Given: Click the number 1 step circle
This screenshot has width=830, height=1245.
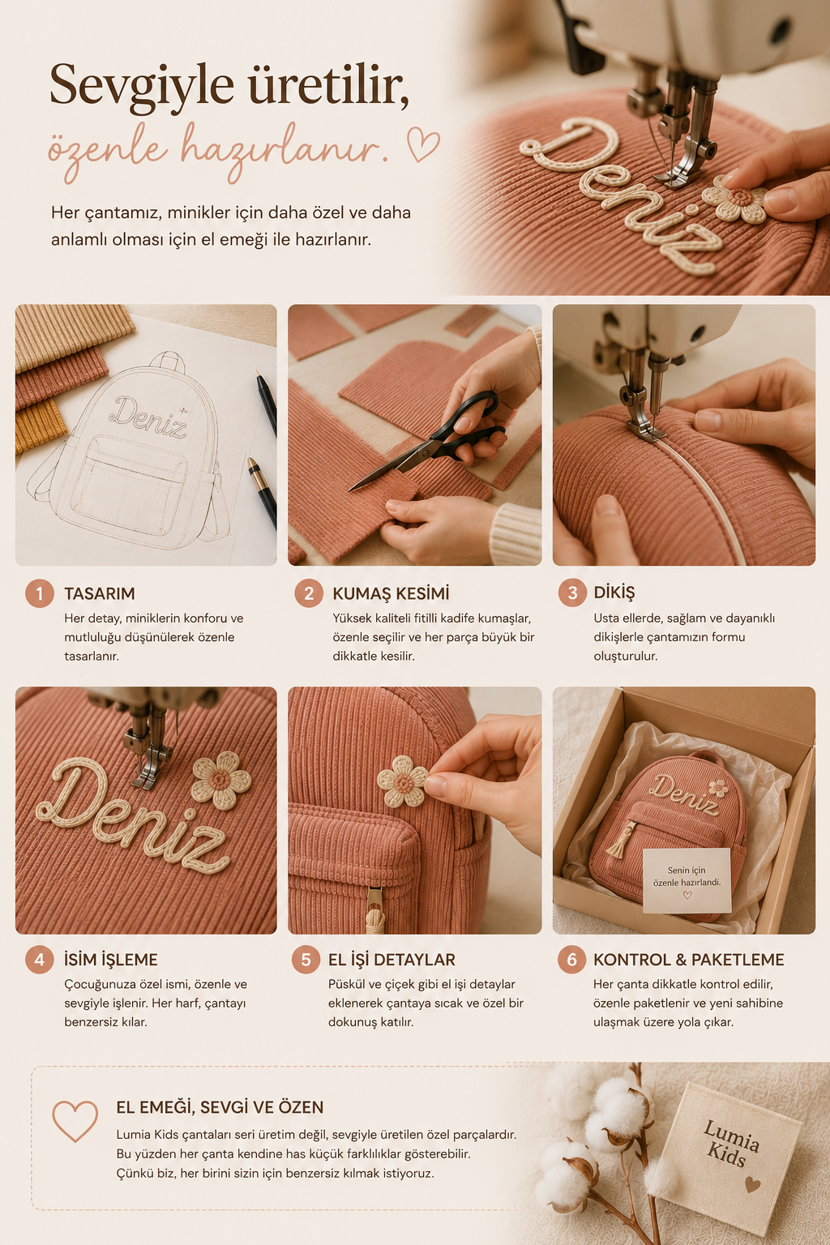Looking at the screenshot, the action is [40, 593].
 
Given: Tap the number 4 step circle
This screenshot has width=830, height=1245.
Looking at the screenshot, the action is [40, 960].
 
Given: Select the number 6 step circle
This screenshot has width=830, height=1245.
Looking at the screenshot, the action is [572, 960].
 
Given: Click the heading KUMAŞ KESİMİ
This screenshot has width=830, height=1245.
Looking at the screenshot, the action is [391, 593].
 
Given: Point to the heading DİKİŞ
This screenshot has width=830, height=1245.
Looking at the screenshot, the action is [614, 593].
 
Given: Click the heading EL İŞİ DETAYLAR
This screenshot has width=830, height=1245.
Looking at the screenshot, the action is [391, 960].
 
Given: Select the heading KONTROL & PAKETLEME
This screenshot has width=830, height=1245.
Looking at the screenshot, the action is [688, 960].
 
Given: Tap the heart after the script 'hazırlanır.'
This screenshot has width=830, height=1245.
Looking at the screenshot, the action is [423, 144].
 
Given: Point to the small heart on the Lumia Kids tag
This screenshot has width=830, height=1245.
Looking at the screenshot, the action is [752, 1184].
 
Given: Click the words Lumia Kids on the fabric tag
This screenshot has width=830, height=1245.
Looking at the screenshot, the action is [731, 1144].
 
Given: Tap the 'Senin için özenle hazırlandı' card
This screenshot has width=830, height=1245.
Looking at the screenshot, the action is [687, 880].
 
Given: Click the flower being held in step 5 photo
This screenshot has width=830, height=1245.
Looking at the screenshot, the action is [403, 781].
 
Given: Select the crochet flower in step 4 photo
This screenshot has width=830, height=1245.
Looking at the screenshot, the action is [220, 781].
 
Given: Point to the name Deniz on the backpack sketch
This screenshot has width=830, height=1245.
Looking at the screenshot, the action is [148, 417].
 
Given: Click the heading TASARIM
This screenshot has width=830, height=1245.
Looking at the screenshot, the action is [100, 593].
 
